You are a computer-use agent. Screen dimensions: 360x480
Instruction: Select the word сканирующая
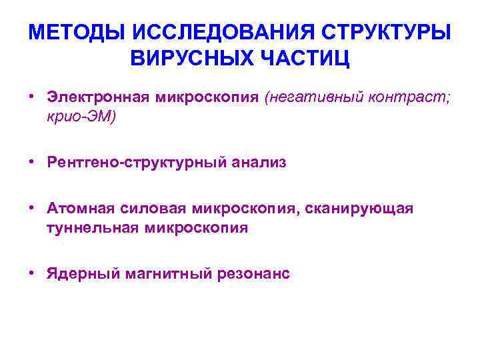click(360, 209)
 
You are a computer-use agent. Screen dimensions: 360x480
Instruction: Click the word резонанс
click(253, 274)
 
